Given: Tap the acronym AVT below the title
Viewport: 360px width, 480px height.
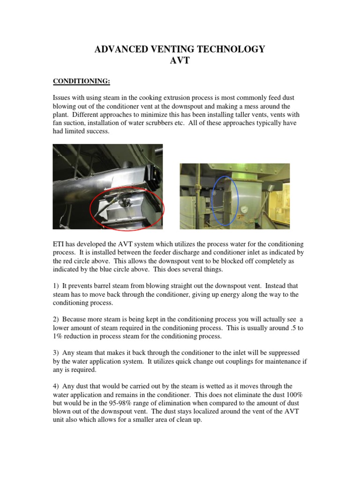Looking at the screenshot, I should click(180, 61).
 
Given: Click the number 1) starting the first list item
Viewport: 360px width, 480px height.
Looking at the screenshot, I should click(56, 285).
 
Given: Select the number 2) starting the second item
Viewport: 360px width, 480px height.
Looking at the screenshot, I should click(56, 319).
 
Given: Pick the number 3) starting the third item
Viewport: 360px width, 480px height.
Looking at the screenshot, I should click(56, 352).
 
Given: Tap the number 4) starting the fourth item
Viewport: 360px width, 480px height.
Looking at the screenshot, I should click(56, 386).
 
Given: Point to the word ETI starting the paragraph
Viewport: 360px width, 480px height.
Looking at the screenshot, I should click(59, 244).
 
